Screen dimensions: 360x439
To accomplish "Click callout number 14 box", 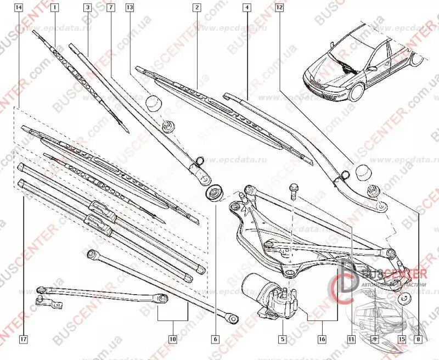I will (x=19, y=8).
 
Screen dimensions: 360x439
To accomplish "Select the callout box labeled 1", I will (x=54, y=8).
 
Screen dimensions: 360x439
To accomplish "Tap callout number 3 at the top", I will (x=87, y=8).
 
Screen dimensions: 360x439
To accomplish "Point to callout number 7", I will (x=111, y=8).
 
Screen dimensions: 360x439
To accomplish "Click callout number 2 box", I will (x=196, y=8).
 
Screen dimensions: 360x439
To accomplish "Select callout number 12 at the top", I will (x=279, y=8).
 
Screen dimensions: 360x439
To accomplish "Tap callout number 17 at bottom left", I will (x=23, y=339).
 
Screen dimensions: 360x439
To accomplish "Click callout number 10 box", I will (x=172, y=339).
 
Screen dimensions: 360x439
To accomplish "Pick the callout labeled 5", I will (x=283, y=339).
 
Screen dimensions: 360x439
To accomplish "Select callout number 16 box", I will (x=322, y=339).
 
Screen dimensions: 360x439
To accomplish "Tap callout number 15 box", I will (x=402, y=339).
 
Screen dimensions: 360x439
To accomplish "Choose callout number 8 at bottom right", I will (x=421, y=339).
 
